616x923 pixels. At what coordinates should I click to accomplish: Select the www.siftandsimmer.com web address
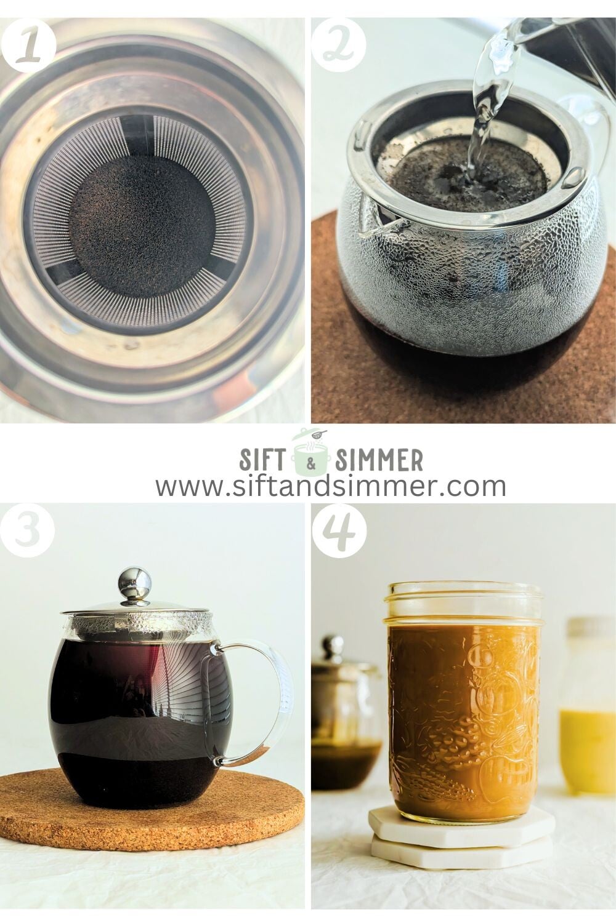[331, 486]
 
